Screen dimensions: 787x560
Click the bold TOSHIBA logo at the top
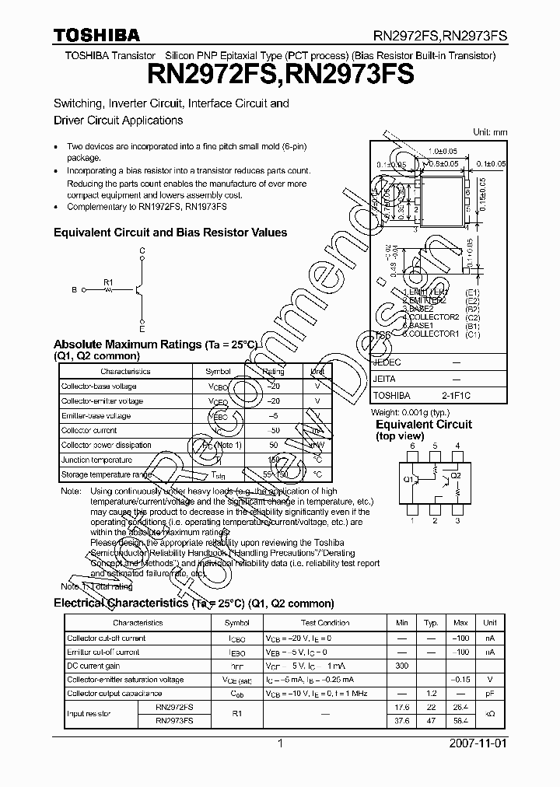coord(96,34)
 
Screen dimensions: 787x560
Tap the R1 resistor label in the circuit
coord(108,282)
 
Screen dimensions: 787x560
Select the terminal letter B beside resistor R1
coord(74,290)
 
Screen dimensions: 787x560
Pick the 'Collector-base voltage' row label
coord(99,387)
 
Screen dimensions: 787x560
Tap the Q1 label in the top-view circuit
coord(408,479)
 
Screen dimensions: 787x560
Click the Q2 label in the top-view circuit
coord(456,474)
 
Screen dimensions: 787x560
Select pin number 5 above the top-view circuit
coord(436,446)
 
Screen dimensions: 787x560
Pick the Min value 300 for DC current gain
coord(401,666)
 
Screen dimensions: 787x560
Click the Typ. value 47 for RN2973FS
coord(431,721)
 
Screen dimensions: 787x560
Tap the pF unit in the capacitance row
coord(489,693)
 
